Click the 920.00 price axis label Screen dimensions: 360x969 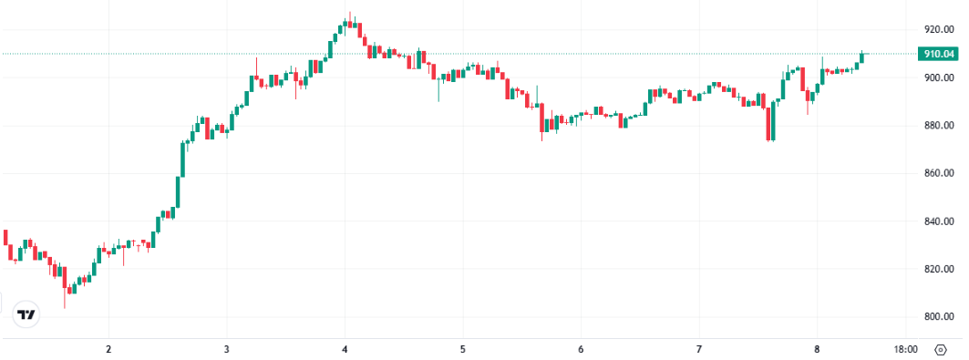pos(939,29)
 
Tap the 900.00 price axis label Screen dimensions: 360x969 pos(939,77)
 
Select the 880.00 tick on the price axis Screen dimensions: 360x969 pos(939,125)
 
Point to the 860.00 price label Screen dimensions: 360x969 pos(939,173)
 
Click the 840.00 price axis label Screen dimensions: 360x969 pos(939,221)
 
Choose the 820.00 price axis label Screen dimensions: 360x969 pos(939,269)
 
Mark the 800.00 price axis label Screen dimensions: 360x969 pos(939,317)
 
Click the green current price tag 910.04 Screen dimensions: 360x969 pos(939,54)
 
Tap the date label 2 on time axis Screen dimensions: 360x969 pos(108,349)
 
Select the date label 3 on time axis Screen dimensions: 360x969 pos(226,349)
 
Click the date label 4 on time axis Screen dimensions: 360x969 pos(345,349)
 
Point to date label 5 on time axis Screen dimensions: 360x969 pos(463,349)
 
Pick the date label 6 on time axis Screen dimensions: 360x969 pos(581,349)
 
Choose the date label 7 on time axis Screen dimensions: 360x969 pos(699,349)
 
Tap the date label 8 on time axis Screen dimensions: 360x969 pos(817,349)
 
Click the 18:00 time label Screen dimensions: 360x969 pos(905,349)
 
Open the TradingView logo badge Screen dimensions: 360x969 pos(27,314)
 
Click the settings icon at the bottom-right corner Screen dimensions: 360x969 pos(940,349)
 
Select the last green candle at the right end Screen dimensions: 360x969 pos(861,57)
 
